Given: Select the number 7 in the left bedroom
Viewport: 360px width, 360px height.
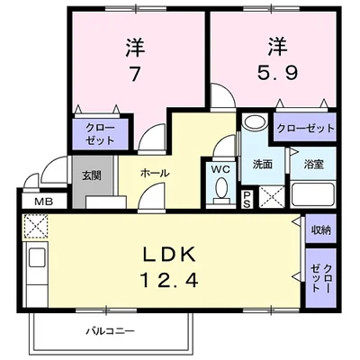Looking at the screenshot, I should (x=134, y=75).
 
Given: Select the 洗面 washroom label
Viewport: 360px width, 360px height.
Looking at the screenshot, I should (x=262, y=165).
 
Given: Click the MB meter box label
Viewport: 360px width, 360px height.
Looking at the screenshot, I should (x=40, y=202).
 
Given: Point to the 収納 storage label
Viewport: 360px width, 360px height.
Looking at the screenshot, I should (x=320, y=229).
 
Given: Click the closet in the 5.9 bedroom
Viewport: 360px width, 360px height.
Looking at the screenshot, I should (x=305, y=128).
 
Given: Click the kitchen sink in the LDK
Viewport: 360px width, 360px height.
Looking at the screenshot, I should (x=37, y=262).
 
